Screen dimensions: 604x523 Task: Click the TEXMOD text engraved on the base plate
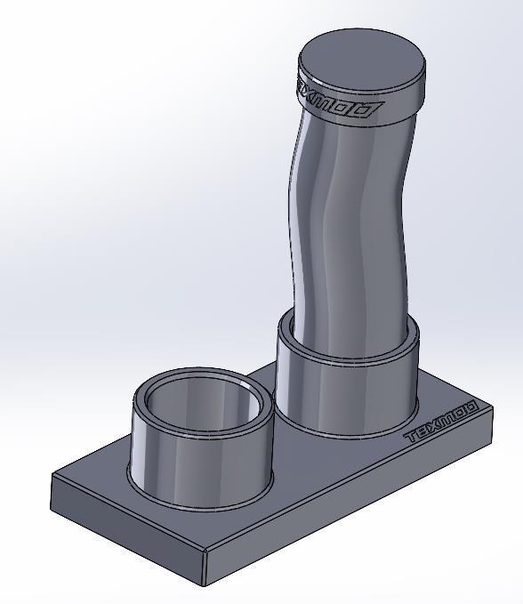[442, 423]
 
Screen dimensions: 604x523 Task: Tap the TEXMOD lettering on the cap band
[340, 103]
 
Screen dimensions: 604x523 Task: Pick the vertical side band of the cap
[400, 102]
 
